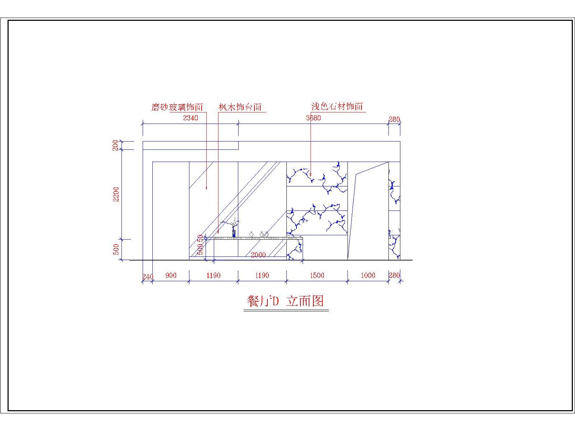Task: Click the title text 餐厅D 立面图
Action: point(286,301)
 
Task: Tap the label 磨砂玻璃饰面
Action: point(177,107)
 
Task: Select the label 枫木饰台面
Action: point(240,107)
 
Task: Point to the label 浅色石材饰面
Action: point(337,106)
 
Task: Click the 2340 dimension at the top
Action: point(190,118)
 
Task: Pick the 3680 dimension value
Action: point(313,118)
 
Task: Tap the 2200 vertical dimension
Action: point(116,194)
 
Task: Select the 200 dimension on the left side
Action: point(115,145)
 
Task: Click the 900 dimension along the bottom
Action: point(171,275)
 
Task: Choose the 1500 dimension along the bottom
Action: point(317,275)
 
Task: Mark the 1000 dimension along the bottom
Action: point(368,275)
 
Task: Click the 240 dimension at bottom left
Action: point(147,277)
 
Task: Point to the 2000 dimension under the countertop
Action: point(258,255)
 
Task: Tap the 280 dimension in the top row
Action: point(394,119)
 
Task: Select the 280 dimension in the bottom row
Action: point(394,275)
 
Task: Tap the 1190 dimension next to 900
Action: point(213,275)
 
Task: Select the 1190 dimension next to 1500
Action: point(262,275)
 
